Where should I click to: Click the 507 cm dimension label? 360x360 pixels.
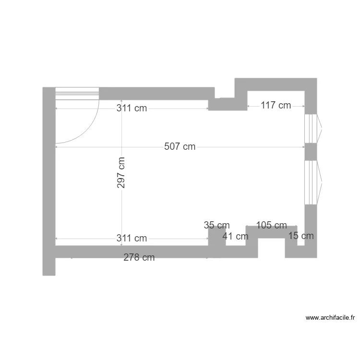180,147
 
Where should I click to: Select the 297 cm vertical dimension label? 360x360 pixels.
121,173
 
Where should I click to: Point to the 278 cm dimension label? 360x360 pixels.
139,258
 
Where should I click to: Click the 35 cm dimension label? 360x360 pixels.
216,225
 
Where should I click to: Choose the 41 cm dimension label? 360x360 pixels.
235,236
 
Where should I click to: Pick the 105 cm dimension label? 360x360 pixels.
271,226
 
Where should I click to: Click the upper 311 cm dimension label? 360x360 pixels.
132,108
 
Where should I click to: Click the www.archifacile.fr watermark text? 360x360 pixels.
330,317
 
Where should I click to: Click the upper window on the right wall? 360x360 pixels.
312,128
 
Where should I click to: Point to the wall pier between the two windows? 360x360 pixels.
311,152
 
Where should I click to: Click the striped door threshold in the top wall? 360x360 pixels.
77,94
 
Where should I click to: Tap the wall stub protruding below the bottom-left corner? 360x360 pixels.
49,266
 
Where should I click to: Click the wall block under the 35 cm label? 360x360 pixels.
216,240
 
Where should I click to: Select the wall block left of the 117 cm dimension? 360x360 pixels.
228,104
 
